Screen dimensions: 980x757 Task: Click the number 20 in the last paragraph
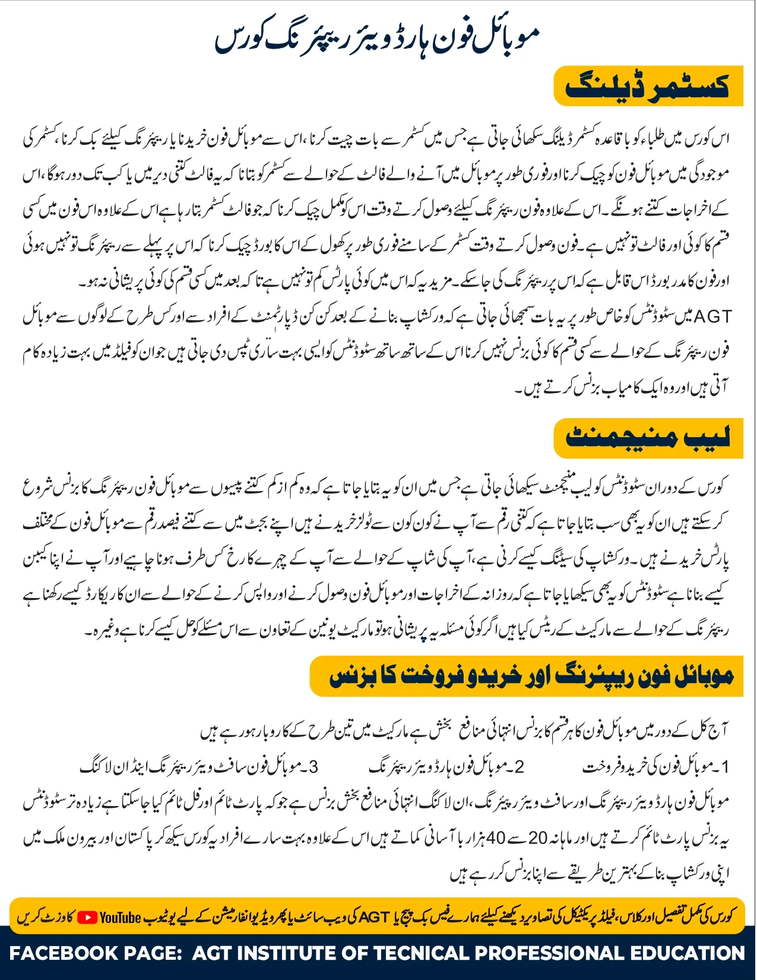click(537, 838)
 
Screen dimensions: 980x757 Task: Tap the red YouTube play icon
click(87, 918)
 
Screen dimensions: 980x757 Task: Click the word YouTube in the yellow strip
click(121, 918)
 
